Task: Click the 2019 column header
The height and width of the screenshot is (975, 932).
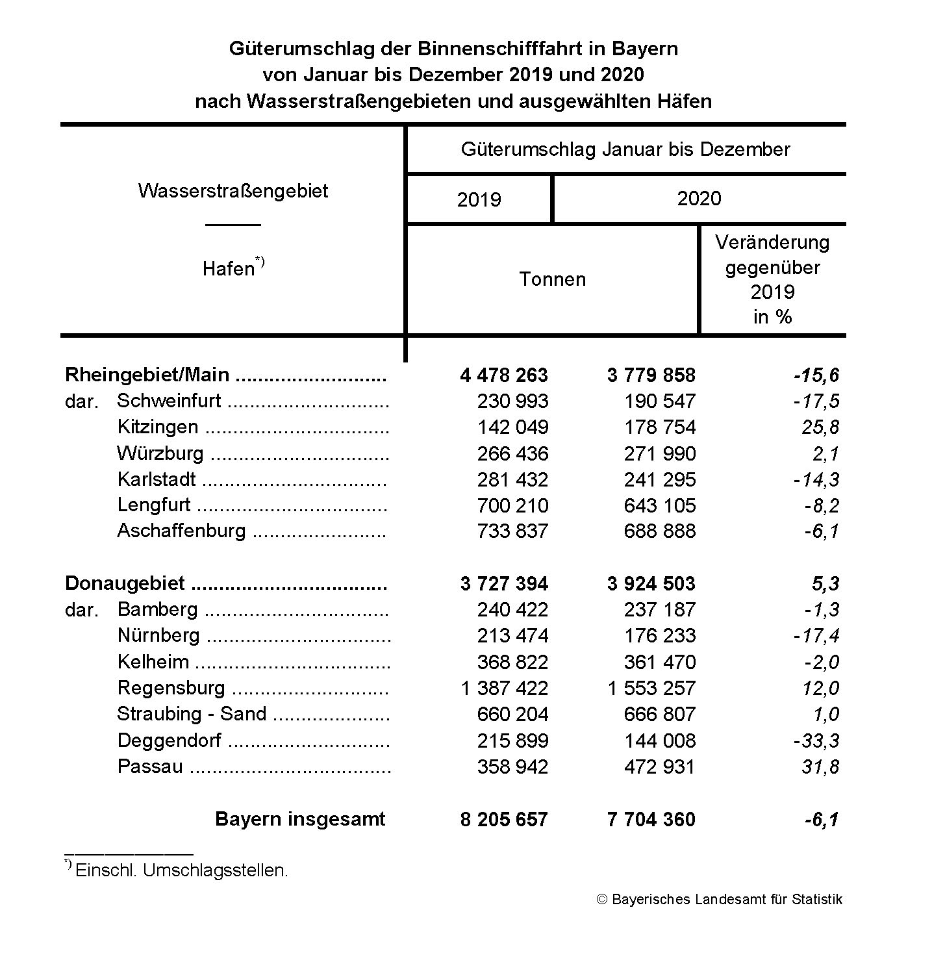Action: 479,199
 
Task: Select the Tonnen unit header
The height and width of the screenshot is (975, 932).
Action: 552,279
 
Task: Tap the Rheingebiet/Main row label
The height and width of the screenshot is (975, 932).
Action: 147,375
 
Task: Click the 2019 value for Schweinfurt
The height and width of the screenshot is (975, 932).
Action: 512,401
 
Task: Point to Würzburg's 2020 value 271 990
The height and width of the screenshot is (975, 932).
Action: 659,453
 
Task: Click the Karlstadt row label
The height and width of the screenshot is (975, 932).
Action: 157,479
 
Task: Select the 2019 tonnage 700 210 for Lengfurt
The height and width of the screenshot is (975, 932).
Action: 512,505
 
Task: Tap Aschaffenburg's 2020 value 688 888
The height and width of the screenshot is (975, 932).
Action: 659,531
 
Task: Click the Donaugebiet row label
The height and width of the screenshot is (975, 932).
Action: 125,583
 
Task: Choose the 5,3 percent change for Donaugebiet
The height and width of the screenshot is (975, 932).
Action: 825,583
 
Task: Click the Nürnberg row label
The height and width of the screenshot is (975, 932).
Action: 158,635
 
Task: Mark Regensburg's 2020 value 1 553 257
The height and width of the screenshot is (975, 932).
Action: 651,688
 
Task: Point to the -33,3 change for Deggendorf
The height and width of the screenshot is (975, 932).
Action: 817,741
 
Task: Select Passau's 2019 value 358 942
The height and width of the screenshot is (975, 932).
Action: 512,766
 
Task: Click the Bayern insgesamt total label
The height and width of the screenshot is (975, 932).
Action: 300,819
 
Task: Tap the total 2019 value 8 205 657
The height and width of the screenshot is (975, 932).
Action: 504,819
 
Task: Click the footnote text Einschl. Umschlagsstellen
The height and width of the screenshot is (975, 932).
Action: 181,870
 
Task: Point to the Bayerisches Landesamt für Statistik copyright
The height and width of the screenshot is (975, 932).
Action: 720,900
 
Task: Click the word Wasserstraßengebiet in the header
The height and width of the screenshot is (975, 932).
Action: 233,191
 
